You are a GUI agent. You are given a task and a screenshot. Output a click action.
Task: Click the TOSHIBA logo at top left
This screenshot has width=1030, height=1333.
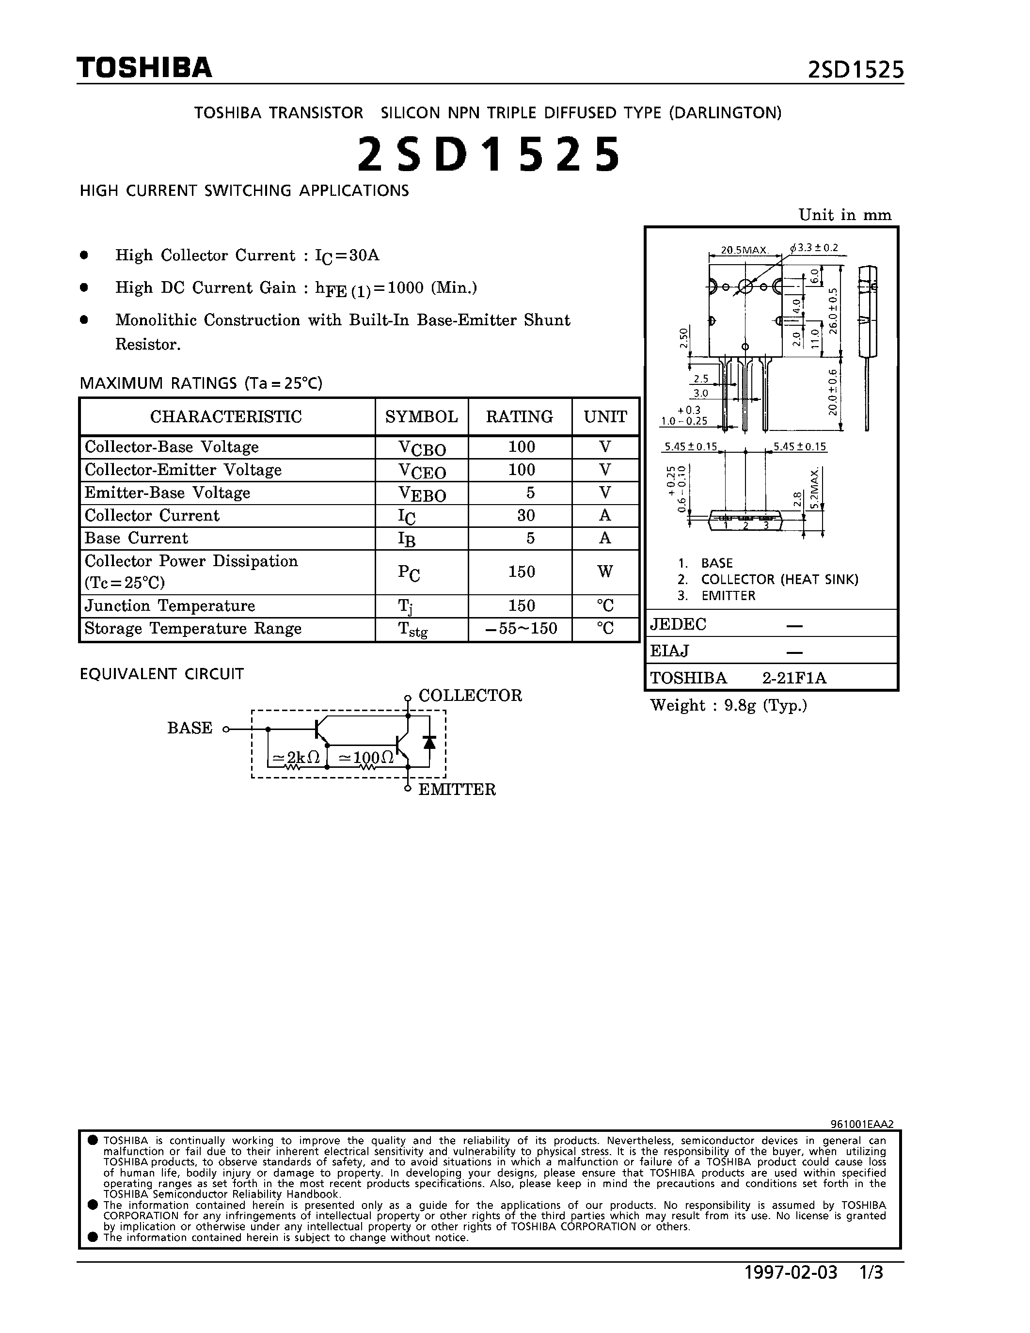[x=144, y=68]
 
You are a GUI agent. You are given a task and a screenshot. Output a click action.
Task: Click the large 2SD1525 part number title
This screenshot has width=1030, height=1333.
[x=488, y=155]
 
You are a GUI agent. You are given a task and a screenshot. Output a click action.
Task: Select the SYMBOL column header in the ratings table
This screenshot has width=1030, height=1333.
[x=421, y=417]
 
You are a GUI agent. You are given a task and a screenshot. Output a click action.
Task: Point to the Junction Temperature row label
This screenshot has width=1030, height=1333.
[x=170, y=606]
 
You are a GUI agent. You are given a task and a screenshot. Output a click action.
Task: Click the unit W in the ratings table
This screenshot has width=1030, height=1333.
[x=605, y=572]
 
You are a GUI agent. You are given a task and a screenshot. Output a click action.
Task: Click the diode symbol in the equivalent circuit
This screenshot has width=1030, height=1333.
[x=429, y=742]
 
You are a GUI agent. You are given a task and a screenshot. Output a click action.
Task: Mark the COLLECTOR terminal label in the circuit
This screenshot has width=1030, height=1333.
[x=470, y=696]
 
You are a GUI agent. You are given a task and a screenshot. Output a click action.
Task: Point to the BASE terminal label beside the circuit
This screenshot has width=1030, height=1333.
[x=190, y=728]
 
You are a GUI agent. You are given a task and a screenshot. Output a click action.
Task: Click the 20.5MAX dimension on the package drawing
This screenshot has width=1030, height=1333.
[x=743, y=250]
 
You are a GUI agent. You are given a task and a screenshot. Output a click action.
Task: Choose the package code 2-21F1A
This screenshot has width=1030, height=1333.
[x=794, y=678]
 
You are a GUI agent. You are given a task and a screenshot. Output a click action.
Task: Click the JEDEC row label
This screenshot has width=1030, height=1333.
[x=678, y=624]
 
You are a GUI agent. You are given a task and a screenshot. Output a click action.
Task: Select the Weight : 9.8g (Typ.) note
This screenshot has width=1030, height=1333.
[x=729, y=706]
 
